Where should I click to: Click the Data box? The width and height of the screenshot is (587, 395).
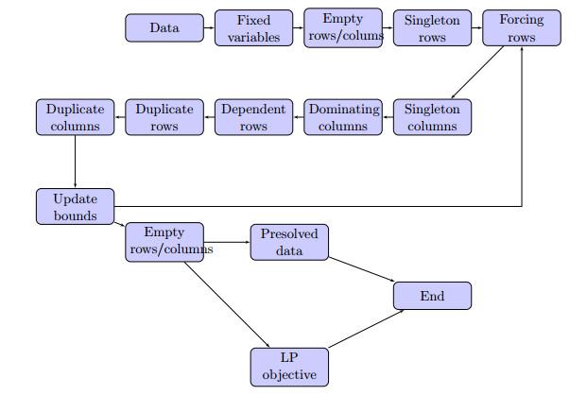[x=164, y=28]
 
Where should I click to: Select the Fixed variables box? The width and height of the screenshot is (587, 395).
[x=254, y=28]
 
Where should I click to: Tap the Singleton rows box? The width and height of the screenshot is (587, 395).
[x=432, y=28]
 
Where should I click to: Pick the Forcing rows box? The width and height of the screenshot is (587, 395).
[x=522, y=28]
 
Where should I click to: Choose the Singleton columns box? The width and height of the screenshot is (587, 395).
[x=432, y=117]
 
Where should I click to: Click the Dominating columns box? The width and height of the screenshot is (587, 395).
[x=343, y=117]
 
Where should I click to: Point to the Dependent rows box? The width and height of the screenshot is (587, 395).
[x=254, y=117]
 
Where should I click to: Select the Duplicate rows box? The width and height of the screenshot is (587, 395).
[x=164, y=117]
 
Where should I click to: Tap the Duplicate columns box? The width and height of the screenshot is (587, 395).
[x=76, y=117]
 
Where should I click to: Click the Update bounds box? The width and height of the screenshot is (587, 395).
[x=76, y=207]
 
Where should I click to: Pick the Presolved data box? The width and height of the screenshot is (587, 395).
[x=289, y=242]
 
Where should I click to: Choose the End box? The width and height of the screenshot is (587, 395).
[x=432, y=296]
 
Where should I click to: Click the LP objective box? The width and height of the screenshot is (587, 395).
[x=289, y=368]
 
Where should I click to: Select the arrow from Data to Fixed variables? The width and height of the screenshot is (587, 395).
[x=209, y=27]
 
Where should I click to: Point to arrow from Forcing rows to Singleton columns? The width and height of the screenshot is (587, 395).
[x=477, y=72]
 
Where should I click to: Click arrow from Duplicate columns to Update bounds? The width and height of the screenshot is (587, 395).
[x=76, y=162]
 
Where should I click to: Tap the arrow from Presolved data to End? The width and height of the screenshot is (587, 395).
[x=362, y=269]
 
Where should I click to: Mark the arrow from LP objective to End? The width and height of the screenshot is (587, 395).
[x=366, y=329]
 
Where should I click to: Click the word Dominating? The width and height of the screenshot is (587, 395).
[x=344, y=110]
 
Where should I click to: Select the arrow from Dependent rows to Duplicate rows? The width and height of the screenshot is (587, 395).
[x=209, y=117]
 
